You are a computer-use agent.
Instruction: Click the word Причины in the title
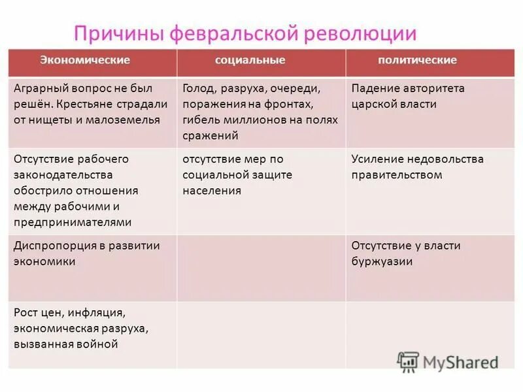(x=117, y=33)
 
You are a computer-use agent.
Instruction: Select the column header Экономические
(x=85, y=60)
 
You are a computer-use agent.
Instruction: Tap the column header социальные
(x=250, y=60)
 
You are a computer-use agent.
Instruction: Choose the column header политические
(x=417, y=60)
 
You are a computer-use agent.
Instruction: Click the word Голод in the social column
(x=199, y=88)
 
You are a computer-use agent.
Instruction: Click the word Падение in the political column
(x=374, y=88)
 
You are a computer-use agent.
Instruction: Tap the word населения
(x=212, y=191)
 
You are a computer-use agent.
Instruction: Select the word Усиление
(x=378, y=159)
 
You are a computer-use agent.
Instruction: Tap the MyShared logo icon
(x=408, y=361)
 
